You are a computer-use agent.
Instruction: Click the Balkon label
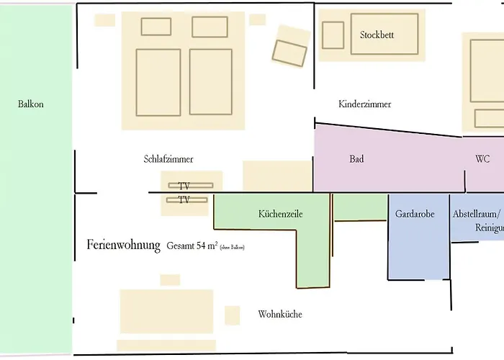pyautogui.click(x=31, y=104)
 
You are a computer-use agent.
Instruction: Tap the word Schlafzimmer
pyautogui.click(x=168, y=159)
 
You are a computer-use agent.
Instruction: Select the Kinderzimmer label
pyautogui.click(x=364, y=104)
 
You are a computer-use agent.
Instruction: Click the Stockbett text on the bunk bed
pyautogui.click(x=377, y=35)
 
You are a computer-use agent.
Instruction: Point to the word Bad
pyautogui.click(x=356, y=159)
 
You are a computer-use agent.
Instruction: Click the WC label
pyautogui.click(x=482, y=159)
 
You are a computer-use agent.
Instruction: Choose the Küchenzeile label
pyautogui.click(x=280, y=214)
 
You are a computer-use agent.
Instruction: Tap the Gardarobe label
pyautogui.click(x=415, y=214)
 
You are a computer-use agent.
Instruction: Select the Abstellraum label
pyautogui.click(x=475, y=214)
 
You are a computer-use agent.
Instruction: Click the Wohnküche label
pyautogui.click(x=280, y=315)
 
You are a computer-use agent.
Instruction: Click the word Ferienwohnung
pyautogui.click(x=123, y=245)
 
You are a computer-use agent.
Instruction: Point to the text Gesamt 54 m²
pyautogui.click(x=192, y=246)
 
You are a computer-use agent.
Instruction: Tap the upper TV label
pyautogui.click(x=184, y=186)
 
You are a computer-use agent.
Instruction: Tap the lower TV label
pyautogui.click(x=184, y=200)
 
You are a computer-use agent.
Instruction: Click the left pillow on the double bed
pyautogui.click(x=156, y=27)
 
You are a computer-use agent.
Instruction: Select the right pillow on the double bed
pyautogui.click(x=210, y=27)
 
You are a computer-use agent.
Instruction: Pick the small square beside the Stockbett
pyautogui.click(x=333, y=35)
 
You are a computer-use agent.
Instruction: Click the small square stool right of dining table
pyautogui.click(x=232, y=315)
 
